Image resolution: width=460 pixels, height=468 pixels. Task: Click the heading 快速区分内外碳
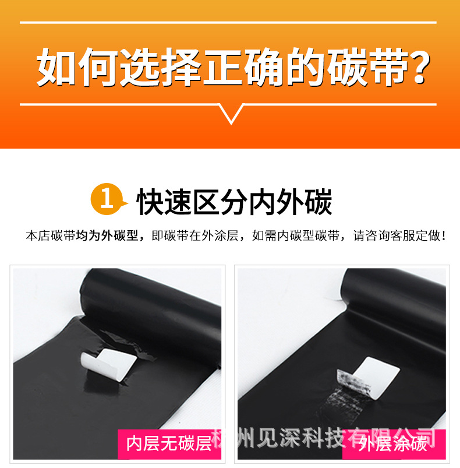(234, 201)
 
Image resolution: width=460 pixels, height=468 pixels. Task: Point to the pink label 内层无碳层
(169, 444)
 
